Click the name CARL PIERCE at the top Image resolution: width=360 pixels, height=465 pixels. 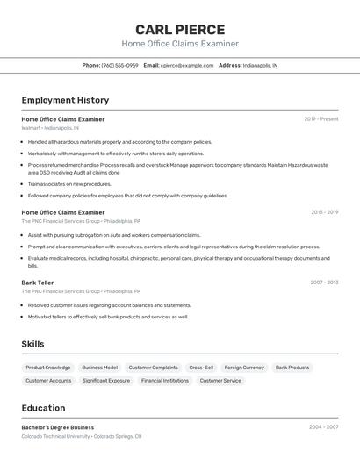pos(180,30)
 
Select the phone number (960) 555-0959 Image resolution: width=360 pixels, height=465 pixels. pos(119,65)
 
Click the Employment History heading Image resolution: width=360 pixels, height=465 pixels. pos(65,100)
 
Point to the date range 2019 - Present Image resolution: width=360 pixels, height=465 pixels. pos(321,119)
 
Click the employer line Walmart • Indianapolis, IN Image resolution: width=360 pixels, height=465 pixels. pos(50,128)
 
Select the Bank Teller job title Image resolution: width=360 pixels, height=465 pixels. pos(38,283)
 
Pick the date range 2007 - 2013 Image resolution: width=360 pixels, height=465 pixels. pos(324,283)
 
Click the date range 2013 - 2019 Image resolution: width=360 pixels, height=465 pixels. pos(324,212)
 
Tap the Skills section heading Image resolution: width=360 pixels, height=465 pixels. pos(32,344)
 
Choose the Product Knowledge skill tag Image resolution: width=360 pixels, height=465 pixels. pos(48,368)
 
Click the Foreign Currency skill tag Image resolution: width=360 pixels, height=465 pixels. pos(244,368)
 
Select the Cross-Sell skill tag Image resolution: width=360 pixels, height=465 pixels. pos(201,368)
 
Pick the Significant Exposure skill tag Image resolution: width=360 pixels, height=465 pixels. pos(106,381)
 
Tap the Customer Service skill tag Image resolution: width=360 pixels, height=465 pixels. pos(220,381)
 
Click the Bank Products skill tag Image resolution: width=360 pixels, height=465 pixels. pos(292,368)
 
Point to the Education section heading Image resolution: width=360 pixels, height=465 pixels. pos(43,408)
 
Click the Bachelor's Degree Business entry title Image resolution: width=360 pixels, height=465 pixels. pos(58,427)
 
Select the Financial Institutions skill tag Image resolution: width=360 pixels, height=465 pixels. pos(165,381)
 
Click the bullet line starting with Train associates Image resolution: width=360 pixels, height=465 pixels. pos(69,184)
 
